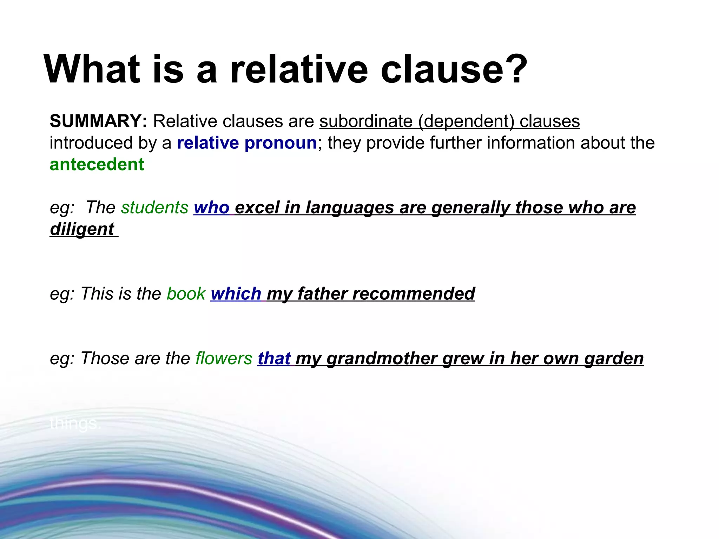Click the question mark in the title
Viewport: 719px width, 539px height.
(x=515, y=69)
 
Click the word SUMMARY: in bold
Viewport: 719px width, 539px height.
(x=98, y=121)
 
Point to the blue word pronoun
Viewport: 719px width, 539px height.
(x=281, y=143)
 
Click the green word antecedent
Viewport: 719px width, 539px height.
(x=97, y=165)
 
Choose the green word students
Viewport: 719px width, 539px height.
(x=155, y=207)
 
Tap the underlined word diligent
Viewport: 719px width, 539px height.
(x=82, y=229)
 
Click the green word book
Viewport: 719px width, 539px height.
(x=186, y=294)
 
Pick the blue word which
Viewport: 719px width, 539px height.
(x=236, y=294)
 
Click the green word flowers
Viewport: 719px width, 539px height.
(x=224, y=359)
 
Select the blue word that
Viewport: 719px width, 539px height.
(x=274, y=359)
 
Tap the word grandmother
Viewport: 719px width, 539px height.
(x=382, y=359)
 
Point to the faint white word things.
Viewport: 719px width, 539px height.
(x=75, y=424)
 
